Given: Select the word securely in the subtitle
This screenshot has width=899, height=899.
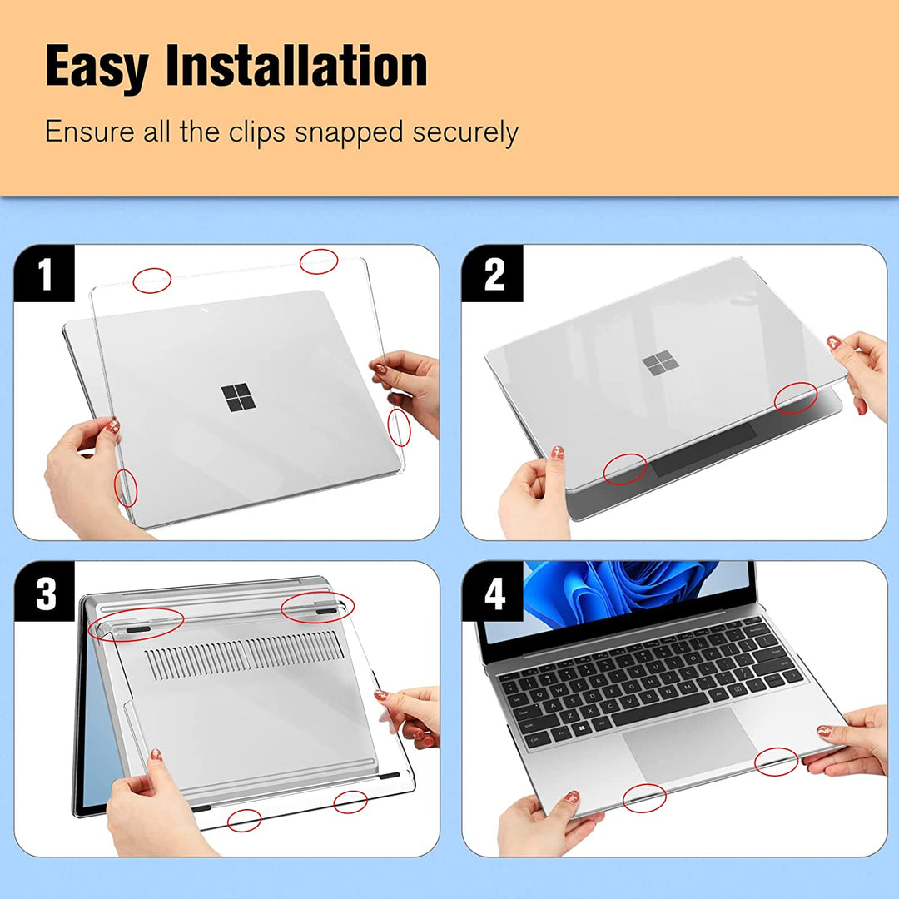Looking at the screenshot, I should [465, 132].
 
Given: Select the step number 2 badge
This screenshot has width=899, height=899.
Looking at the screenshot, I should [494, 274].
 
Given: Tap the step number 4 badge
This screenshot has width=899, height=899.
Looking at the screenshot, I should [494, 593].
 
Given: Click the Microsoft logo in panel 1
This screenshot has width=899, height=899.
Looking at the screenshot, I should [238, 397].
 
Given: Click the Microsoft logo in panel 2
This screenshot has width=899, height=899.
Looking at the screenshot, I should [658, 363].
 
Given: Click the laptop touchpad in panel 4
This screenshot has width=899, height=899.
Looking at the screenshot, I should [690, 743].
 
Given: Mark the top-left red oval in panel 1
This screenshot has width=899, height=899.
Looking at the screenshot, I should [151, 281].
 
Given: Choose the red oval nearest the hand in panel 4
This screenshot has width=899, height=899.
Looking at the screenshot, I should [776, 762].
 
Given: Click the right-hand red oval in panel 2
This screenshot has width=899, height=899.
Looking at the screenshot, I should [795, 398].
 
